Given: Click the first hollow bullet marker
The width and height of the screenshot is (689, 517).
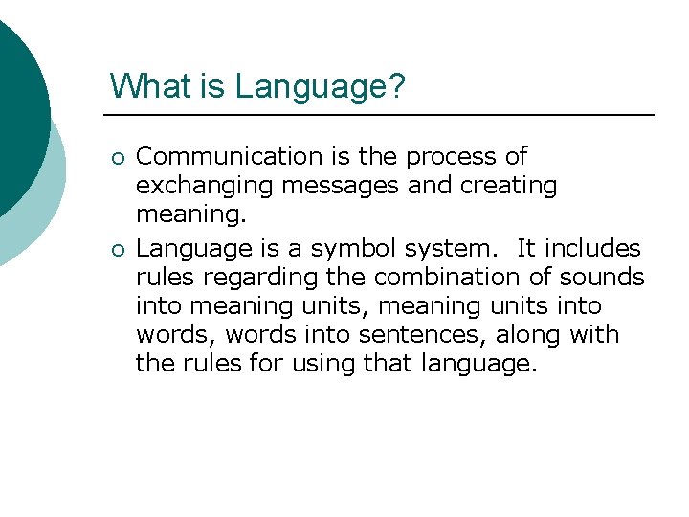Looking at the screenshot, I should click(116, 157).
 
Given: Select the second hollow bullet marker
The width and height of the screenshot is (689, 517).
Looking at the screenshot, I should click(116, 249).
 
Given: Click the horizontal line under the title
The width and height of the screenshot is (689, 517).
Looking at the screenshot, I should click(383, 115).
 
